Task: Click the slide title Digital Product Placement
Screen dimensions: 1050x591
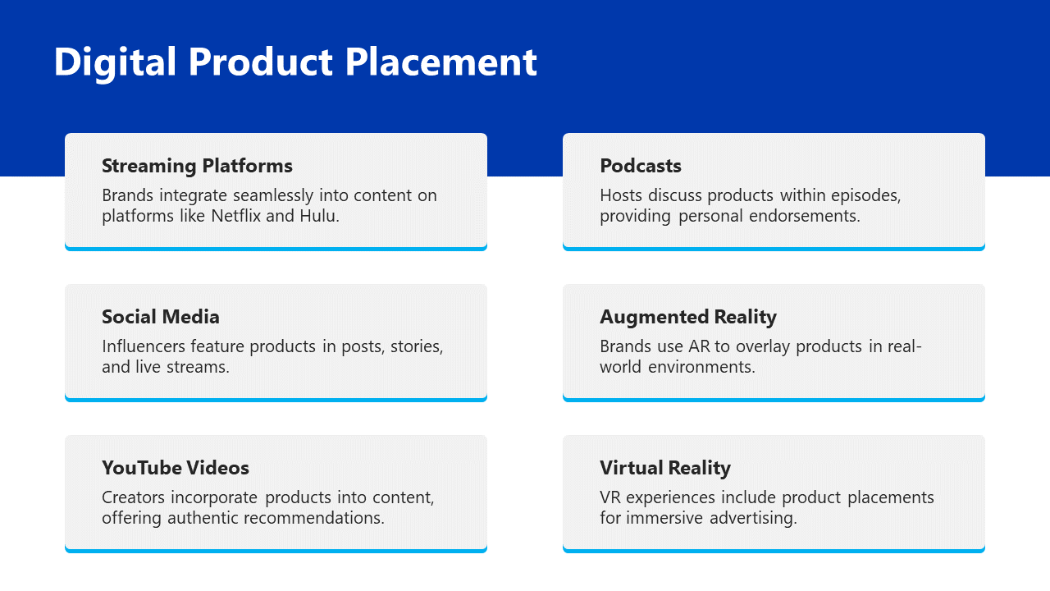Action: (295, 62)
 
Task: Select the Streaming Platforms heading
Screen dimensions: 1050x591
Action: (197, 166)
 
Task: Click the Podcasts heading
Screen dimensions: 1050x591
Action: (641, 166)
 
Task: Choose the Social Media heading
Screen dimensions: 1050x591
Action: (160, 317)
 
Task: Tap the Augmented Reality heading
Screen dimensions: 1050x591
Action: (688, 318)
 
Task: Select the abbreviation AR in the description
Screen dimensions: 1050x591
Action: (700, 346)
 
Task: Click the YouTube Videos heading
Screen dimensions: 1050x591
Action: (176, 468)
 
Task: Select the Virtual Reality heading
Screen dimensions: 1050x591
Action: (665, 469)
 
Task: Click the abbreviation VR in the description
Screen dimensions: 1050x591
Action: (610, 497)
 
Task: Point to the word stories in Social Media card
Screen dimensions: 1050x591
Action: (415, 346)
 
